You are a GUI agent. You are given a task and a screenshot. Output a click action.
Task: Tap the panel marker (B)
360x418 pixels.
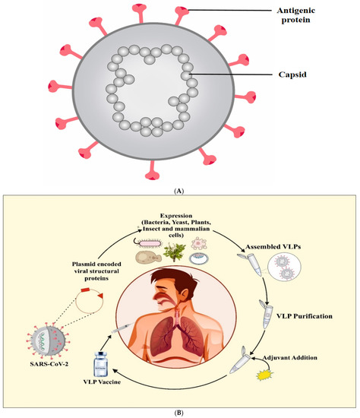[180, 410]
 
